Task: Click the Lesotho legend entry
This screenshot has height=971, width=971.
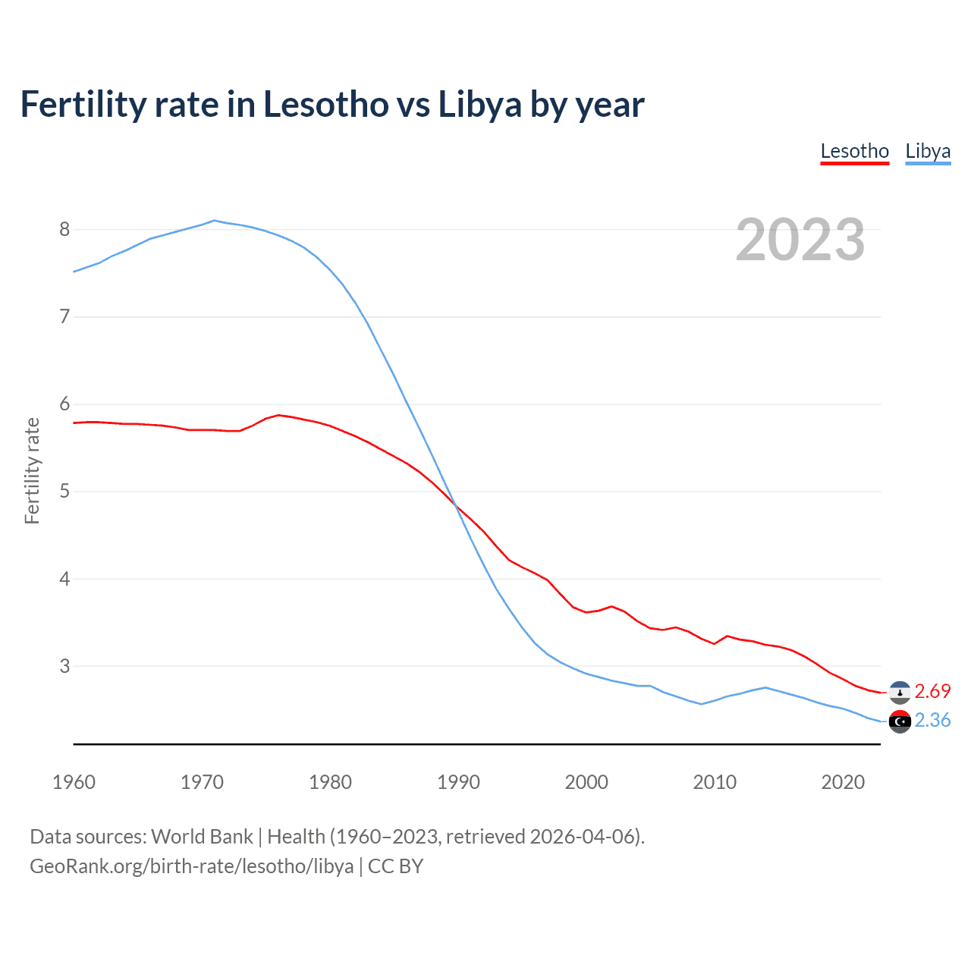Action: tap(854, 151)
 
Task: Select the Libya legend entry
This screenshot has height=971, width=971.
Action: tap(928, 151)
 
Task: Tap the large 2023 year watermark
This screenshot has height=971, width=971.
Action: tap(800, 240)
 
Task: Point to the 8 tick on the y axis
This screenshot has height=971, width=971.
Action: tap(64, 229)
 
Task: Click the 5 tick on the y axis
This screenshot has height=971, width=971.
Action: tap(64, 491)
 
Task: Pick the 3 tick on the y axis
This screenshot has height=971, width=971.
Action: tap(64, 666)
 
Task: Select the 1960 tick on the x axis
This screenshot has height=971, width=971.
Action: tap(74, 782)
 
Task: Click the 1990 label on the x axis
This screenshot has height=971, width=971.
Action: tap(458, 782)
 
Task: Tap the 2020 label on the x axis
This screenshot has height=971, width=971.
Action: tap(843, 782)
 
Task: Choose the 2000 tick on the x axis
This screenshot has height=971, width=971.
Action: tap(586, 782)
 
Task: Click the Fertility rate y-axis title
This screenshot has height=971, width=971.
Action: tap(32, 470)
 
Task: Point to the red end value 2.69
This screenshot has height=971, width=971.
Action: tap(932, 691)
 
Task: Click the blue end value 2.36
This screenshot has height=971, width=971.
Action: tap(932, 720)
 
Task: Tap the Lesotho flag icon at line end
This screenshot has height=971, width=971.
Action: tap(900, 692)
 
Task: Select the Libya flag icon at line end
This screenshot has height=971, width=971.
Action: tap(900, 721)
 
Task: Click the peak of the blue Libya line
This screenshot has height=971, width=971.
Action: tap(214, 221)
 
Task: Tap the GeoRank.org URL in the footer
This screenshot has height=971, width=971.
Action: tap(191, 866)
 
